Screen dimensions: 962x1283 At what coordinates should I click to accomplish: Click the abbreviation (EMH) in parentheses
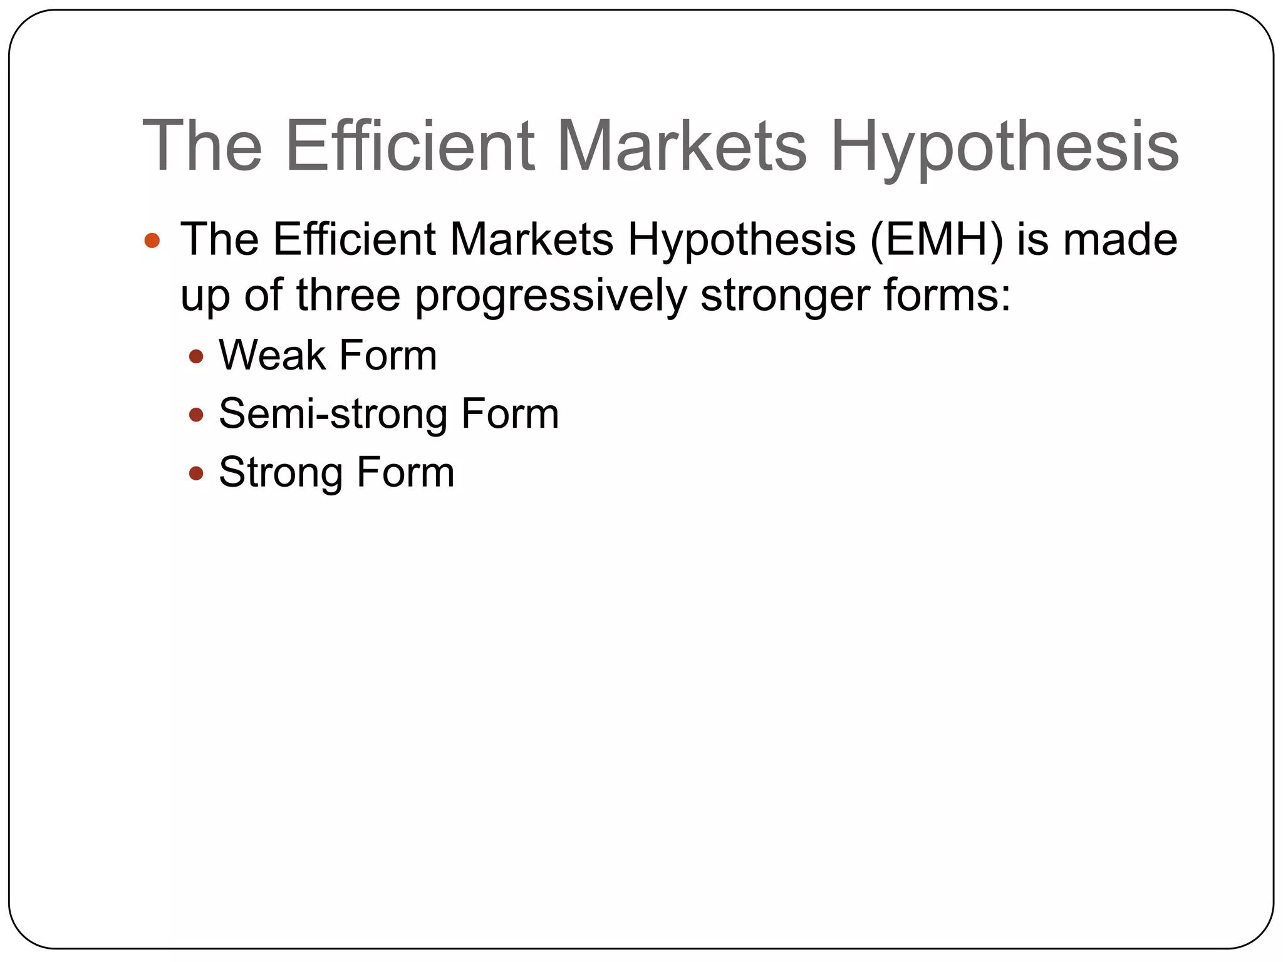(x=936, y=240)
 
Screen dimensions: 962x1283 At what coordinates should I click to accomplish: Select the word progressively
(x=551, y=297)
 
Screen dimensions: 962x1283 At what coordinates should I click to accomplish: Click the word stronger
(x=784, y=297)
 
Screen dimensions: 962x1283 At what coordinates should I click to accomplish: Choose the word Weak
(x=272, y=355)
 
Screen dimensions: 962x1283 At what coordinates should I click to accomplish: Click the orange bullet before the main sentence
(x=152, y=240)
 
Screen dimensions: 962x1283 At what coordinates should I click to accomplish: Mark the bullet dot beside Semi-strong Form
(x=196, y=415)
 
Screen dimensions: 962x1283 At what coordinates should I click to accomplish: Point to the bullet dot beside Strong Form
(x=196, y=473)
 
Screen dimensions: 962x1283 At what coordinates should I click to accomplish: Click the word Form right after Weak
(x=388, y=355)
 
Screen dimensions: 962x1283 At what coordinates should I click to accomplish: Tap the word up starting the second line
(x=205, y=297)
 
